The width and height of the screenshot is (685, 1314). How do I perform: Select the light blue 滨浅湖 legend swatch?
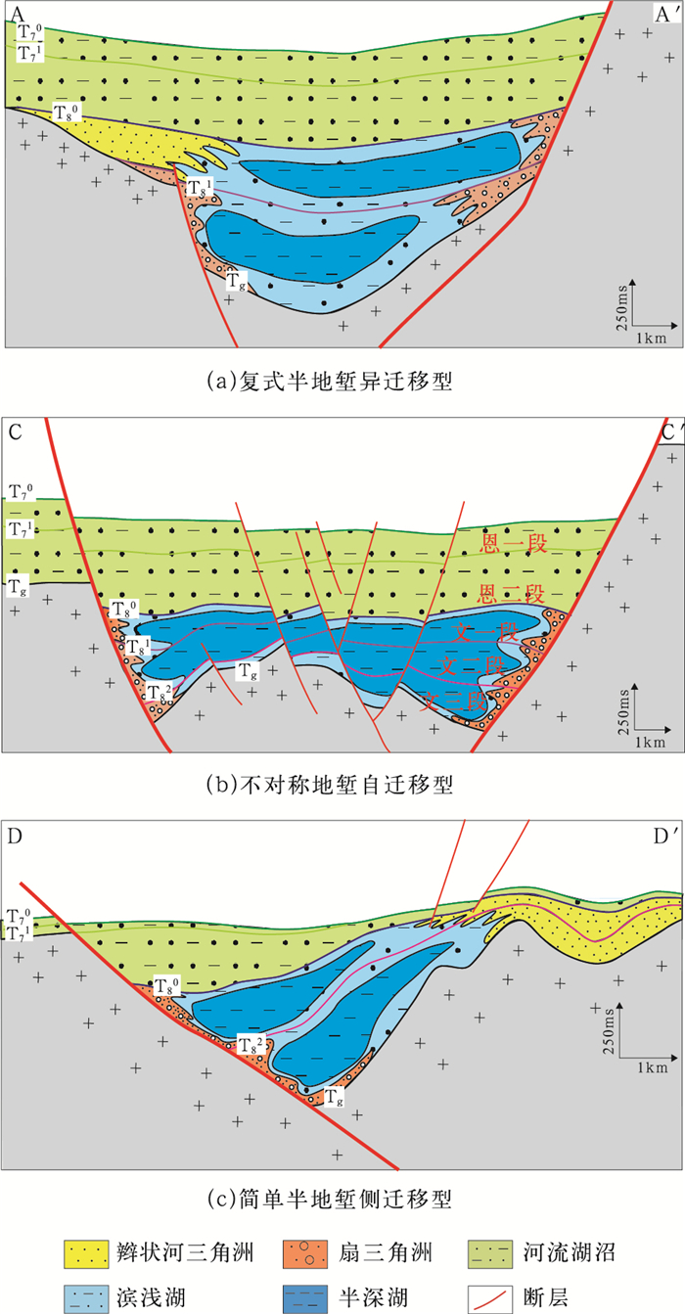pos(91,1294)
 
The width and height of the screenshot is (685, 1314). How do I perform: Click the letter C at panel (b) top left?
pos(16,431)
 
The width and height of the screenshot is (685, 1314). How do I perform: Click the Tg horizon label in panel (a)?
pos(235,282)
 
